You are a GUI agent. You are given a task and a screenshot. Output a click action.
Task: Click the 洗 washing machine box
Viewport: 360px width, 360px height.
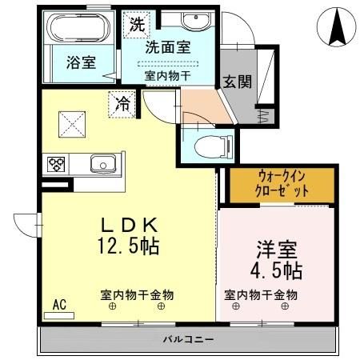pos(138,25)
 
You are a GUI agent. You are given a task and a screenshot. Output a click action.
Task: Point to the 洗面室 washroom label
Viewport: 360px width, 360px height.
pos(167,47)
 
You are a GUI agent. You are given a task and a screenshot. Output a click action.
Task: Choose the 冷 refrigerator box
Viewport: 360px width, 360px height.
pos(123,103)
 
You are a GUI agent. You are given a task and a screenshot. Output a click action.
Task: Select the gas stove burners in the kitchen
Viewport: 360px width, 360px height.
pos(58,165)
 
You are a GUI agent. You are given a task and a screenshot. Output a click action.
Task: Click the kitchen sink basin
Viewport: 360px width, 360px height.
pos(103,165)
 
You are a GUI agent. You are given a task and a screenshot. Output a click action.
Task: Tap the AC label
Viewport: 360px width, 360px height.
pos(58,305)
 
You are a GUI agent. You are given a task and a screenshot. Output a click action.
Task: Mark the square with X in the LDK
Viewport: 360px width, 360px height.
pos(70,123)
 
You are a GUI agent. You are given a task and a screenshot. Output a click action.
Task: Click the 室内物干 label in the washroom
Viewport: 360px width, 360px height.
pos(167,75)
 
